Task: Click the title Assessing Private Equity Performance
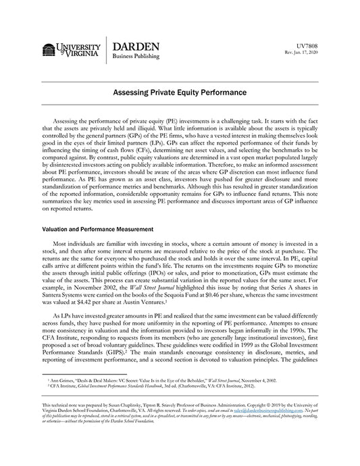[179, 90]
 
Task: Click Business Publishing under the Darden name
[137, 57]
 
